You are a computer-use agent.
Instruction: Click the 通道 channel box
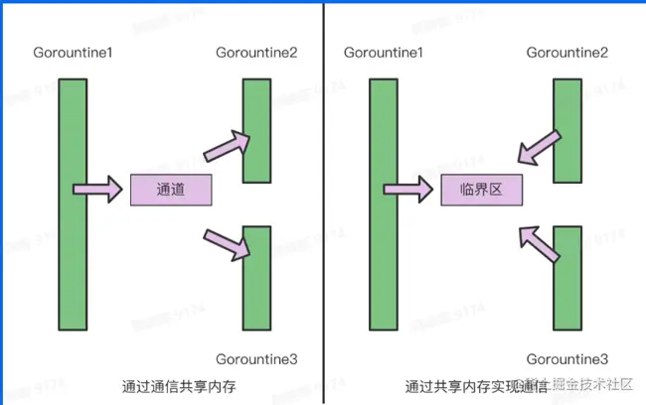point(171,189)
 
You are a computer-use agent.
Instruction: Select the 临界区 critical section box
point(481,189)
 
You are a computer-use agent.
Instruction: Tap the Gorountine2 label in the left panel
point(255,52)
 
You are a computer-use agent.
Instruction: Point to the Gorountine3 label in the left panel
point(255,358)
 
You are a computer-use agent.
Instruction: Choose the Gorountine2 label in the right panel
point(566,52)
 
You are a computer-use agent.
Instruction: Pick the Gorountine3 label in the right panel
point(566,358)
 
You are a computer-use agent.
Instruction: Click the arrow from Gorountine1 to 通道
point(95,188)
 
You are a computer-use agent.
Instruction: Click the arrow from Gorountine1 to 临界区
point(405,188)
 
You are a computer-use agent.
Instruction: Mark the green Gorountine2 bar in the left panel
point(256,131)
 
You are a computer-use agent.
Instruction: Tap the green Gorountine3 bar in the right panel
point(566,278)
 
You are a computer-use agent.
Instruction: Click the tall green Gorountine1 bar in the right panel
point(383,204)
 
